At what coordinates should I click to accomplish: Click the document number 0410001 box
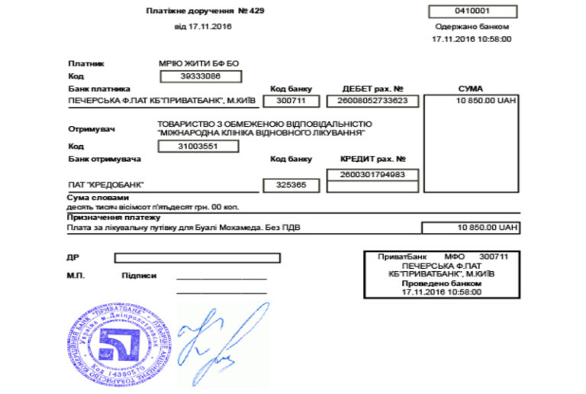point(472,11)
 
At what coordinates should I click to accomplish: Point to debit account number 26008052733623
point(372,101)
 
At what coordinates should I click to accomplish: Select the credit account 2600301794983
point(372,175)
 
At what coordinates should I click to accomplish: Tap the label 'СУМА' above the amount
point(471,89)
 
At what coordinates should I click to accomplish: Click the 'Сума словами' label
point(94,198)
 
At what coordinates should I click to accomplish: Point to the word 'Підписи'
point(139,275)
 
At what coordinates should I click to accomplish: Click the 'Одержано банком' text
point(471,26)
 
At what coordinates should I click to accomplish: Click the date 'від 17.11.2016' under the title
point(203,26)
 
